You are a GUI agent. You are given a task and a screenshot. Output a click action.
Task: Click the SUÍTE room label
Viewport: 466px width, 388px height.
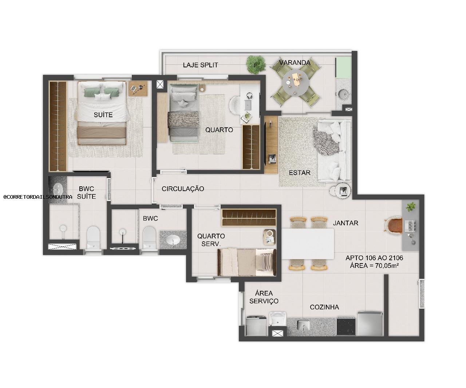[x=103, y=115]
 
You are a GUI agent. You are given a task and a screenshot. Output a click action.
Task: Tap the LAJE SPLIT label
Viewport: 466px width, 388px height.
[x=200, y=65]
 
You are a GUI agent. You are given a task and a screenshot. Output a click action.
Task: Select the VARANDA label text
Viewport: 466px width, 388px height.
[x=295, y=63]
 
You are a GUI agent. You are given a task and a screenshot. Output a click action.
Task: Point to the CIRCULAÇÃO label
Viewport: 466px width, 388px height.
[x=183, y=189]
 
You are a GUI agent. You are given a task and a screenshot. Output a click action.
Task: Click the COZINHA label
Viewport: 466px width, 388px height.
[x=324, y=307]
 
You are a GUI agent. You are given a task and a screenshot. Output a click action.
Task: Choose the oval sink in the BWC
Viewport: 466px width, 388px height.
[x=173, y=240]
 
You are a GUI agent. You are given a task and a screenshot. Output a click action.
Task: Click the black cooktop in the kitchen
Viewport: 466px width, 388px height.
[x=345, y=326]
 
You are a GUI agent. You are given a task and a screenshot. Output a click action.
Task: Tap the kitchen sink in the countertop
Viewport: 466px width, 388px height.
[x=303, y=324]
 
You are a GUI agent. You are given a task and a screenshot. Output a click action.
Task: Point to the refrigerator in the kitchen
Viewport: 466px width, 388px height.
[x=370, y=324]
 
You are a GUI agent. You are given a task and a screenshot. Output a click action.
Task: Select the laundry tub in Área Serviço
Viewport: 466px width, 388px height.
[x=278, y=319]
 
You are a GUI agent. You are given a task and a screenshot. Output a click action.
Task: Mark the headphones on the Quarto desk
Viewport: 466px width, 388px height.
[x=249, y=96]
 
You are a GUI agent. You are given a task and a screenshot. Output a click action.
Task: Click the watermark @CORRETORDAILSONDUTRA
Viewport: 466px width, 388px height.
[x=38, y=197]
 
